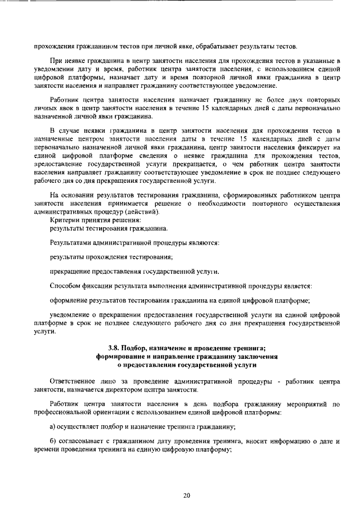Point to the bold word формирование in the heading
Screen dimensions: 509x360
pyautogui.click(x=120, y=356)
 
